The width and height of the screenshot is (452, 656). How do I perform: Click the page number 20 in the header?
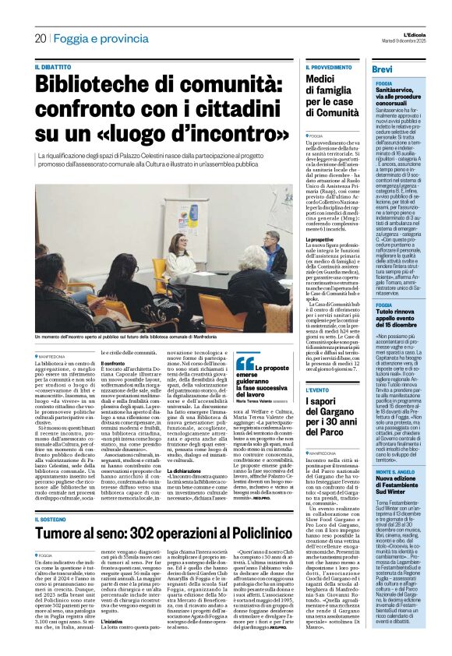[x=41, y=38]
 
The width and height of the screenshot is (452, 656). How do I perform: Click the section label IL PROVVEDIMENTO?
[x=330, y=68]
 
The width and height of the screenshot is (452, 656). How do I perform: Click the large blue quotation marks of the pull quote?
[x=243, y=363]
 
